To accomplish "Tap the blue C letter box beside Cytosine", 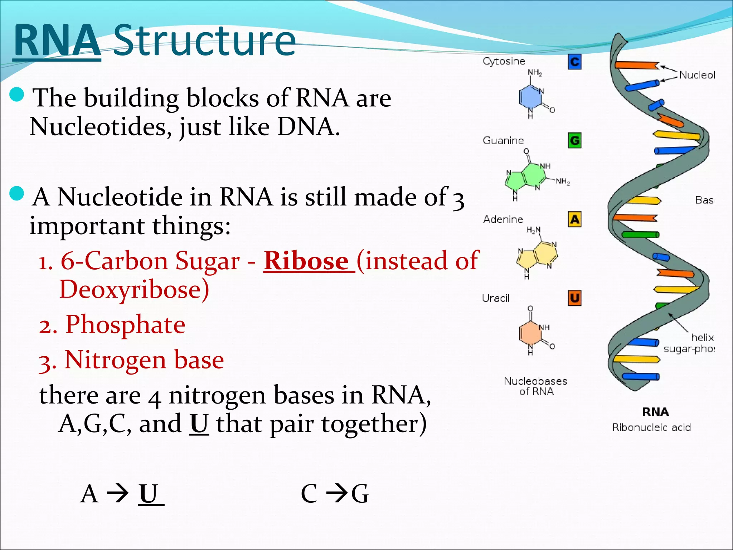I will (574, 62).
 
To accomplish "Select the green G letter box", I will (574, 140).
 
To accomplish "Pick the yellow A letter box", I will (574, 219).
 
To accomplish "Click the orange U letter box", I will (574, 298).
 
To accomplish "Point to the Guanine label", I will (503, 140).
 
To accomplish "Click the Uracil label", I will (495, 298).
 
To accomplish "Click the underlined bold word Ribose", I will (306, 261).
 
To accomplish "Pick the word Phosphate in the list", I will (125, 324).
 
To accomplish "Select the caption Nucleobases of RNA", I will (535, 386).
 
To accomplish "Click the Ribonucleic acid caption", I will (651, 427).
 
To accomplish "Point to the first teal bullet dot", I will (16, 95).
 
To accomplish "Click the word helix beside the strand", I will (702, 337).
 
